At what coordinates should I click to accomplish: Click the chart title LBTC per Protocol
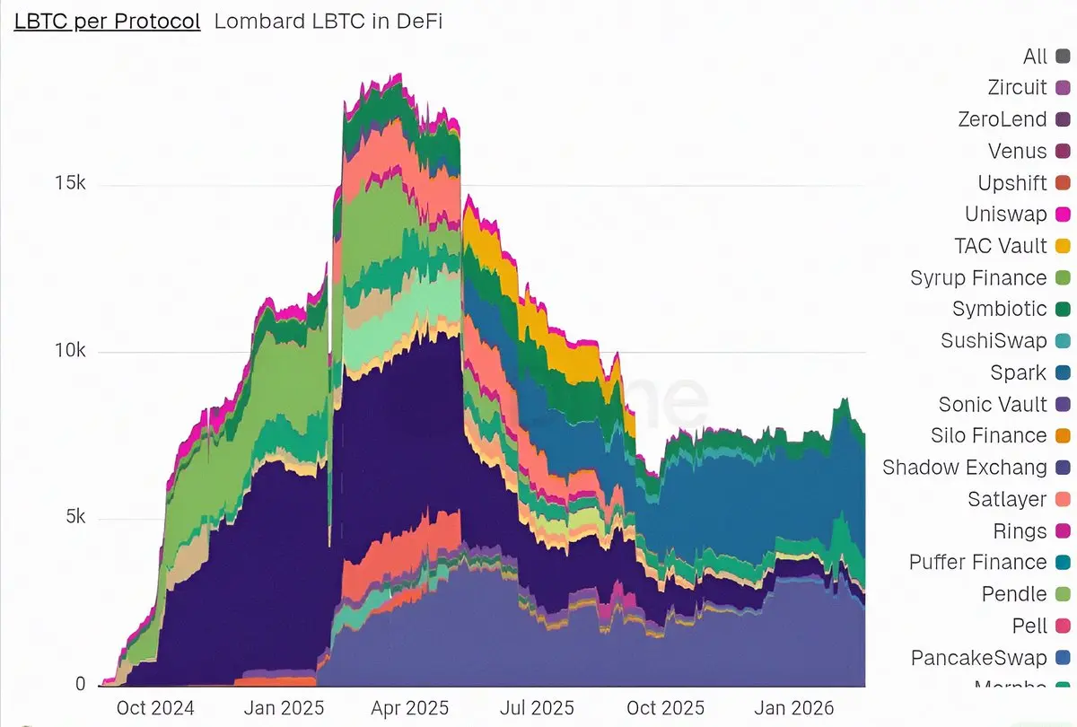pos(107,22)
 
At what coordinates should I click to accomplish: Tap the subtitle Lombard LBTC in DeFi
pos(328,22)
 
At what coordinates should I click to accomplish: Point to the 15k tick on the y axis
pos(69,185)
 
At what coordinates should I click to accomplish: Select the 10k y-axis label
pos(69,351)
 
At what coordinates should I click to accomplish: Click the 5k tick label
pos(74,518)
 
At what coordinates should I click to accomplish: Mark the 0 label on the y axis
pos(80,684)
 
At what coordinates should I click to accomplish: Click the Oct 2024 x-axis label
pos(154,708)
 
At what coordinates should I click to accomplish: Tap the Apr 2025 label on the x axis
pos(408,708)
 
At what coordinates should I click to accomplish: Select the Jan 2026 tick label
pos(793,708)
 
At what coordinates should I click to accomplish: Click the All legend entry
pos(1035,57)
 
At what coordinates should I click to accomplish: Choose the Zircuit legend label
pos(1017,88)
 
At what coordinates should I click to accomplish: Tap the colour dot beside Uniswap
pos(1064,215)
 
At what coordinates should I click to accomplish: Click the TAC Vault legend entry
pos(1001,246)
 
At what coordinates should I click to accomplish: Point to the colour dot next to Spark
pos(1064,372)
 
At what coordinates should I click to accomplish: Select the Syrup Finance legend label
pos(978,277)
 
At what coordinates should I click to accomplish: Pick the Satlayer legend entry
pos(1007,499)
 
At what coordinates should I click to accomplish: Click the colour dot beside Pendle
pos(1064,594)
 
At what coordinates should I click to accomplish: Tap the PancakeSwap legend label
pos(978,658)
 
